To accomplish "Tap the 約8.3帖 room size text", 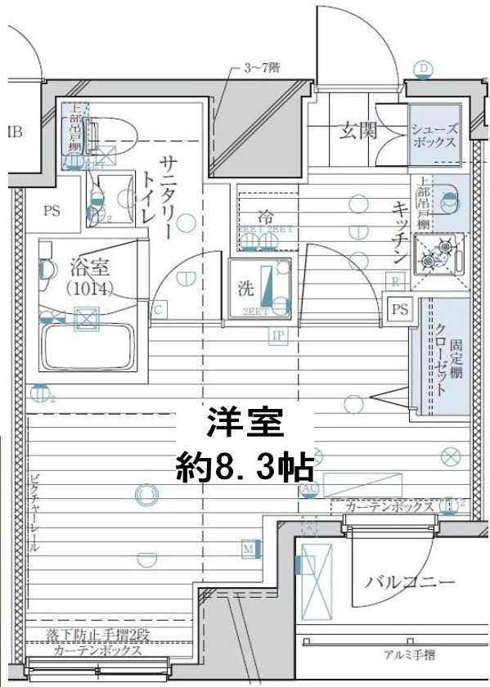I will point(245,467).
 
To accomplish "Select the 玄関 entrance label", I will point(357,129).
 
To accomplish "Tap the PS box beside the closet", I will point(399,309).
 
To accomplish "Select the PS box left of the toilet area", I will point(52,211).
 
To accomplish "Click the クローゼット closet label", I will point(441,358).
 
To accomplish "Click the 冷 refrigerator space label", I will point(267,218).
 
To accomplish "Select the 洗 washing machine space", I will point(261,288).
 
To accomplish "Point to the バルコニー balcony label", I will point(409,582).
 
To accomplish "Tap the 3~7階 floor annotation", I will point(262,69).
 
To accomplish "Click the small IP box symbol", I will point(278,335).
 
